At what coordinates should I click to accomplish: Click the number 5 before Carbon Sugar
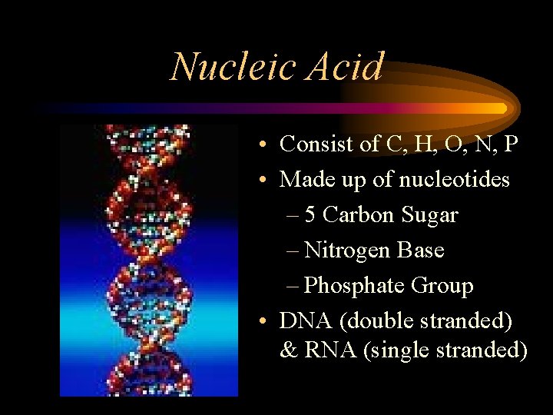(x=310, y=215)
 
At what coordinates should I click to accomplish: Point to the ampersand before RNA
(x=289, y=350)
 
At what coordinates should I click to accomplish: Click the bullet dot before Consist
(x=263, y=144)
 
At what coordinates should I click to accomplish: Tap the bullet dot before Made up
(x=263, y=180)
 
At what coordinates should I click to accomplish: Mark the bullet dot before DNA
(x=263, y=320)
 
